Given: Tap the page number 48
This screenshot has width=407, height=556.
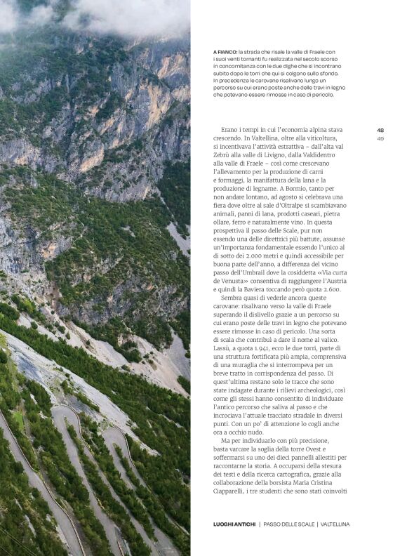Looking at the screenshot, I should pyautogui.click(x=380, y=130).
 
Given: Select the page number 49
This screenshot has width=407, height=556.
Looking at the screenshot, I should pyautogui.click(x=380, y=138).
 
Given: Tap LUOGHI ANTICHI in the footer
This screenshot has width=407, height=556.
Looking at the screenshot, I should pyautogui.click(x=234, y=524).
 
